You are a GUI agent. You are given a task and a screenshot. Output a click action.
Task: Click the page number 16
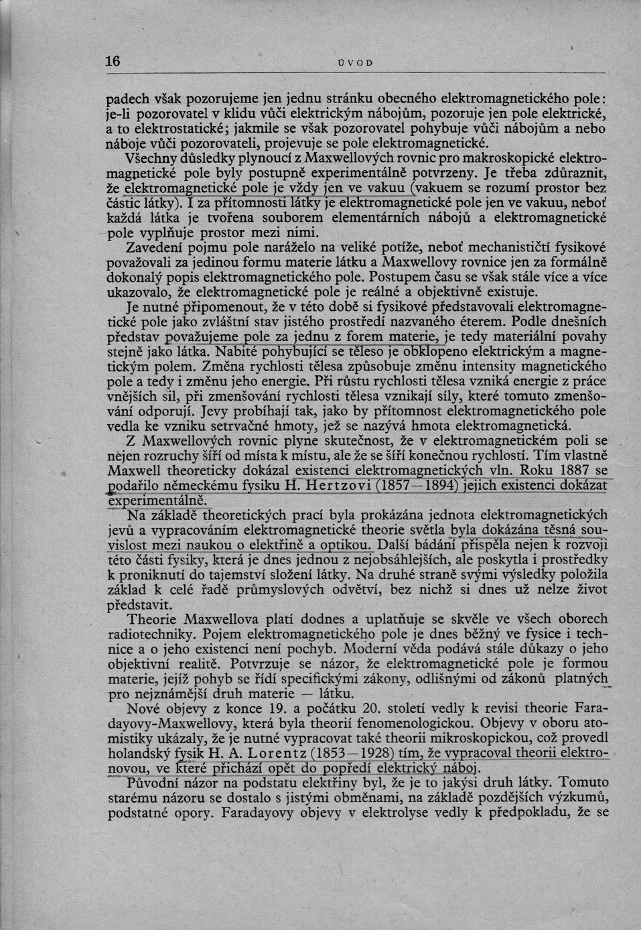[113, 61]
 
